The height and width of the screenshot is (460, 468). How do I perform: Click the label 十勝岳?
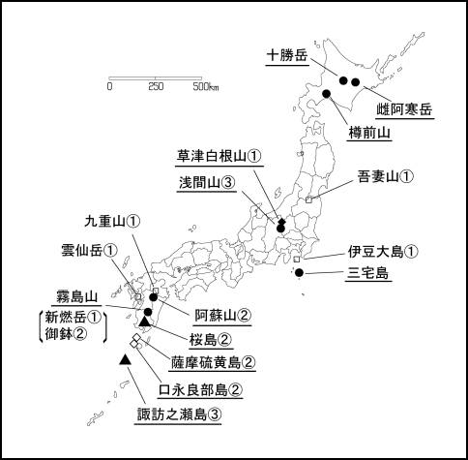coord(287,55)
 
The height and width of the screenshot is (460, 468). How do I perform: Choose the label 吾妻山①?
coord(386,176)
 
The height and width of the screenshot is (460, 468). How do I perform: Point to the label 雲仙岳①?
coord(89,250)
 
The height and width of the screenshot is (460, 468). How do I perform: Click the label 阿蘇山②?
coord(223,315)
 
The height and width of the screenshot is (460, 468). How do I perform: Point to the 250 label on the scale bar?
coord(156,87)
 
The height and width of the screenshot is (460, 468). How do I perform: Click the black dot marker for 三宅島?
coord(300,273)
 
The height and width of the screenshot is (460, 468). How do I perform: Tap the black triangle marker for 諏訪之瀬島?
coord(125,360)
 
